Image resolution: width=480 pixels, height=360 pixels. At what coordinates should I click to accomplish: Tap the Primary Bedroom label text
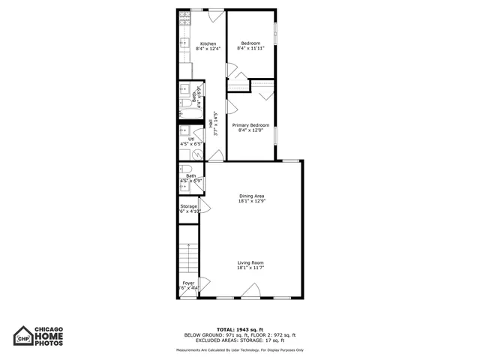(250, 124)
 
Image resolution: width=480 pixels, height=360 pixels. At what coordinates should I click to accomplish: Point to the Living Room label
(251, 262)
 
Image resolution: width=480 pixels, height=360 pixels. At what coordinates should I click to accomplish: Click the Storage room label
(188, 206)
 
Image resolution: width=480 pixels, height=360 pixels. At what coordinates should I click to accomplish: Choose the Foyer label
(187, 283)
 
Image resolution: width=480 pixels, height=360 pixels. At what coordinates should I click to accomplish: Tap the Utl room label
(191, 139)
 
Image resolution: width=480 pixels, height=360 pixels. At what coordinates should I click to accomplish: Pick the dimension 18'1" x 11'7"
(251, 268)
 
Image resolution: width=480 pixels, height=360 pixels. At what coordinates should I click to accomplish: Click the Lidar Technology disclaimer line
(239, 349)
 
